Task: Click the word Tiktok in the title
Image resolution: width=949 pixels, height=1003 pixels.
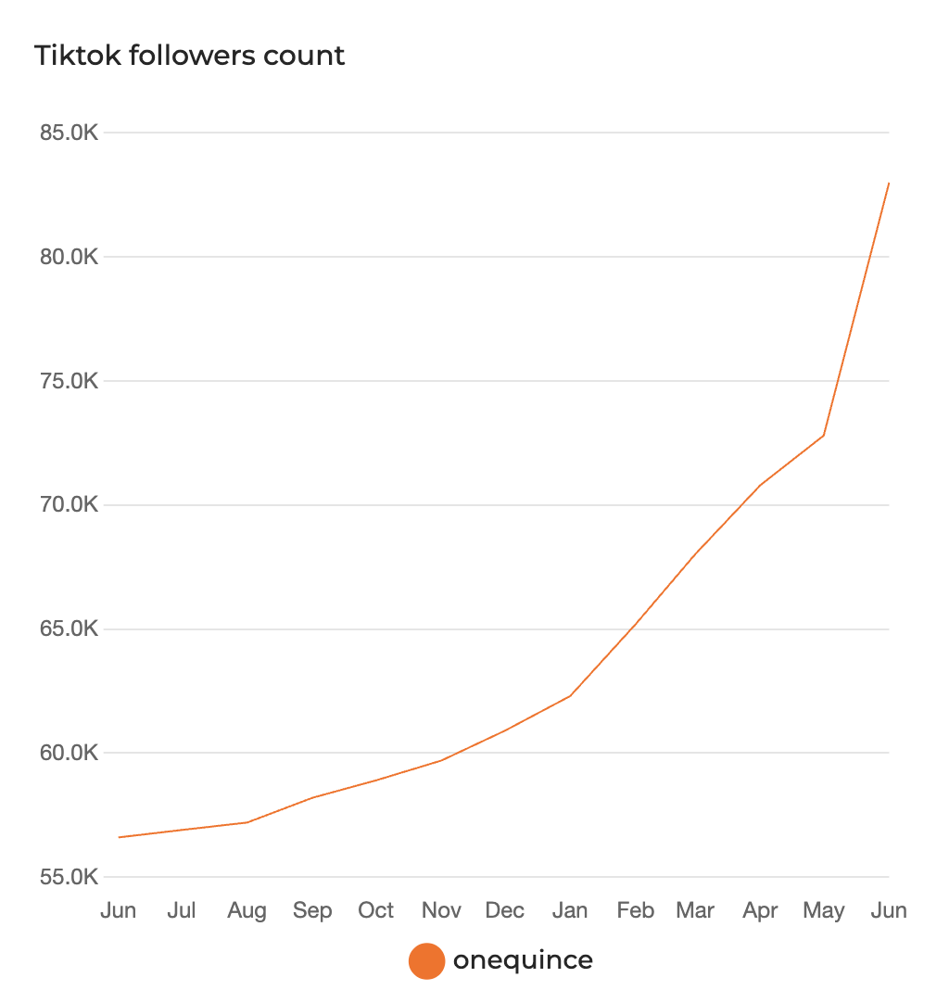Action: coord(79,56)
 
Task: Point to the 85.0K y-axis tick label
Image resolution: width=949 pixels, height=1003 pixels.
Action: coord(69,133)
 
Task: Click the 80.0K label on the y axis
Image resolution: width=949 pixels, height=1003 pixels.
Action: coord(69,257)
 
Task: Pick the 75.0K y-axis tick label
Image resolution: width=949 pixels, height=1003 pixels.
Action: coord(69,381)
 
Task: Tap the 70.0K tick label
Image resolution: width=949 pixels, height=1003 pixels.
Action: coord(69,505)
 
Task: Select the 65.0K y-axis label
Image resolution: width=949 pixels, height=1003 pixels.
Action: coord(69,629)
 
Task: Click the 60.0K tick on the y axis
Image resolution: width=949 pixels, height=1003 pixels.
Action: coord(69,753)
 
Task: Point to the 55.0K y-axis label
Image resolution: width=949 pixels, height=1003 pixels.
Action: coord(69,877)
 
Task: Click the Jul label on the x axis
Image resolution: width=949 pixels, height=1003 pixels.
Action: coord(183,911)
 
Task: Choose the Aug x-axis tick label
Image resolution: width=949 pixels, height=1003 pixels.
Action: coord(247,911)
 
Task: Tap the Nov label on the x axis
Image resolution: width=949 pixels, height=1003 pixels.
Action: coord(441,911)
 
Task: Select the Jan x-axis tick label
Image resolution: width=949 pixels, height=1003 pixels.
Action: coord(569,911)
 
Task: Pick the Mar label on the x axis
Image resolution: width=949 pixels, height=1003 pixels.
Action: coord(696,911)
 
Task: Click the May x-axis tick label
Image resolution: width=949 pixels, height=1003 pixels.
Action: coord(824,911)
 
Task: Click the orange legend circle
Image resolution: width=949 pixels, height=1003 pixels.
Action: coord(427,961)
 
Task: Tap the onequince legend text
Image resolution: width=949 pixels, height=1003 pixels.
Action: coord(523,960)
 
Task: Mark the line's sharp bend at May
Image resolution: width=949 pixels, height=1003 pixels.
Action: coord(824,435)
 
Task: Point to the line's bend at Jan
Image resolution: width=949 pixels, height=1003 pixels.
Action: coord(570,695)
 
